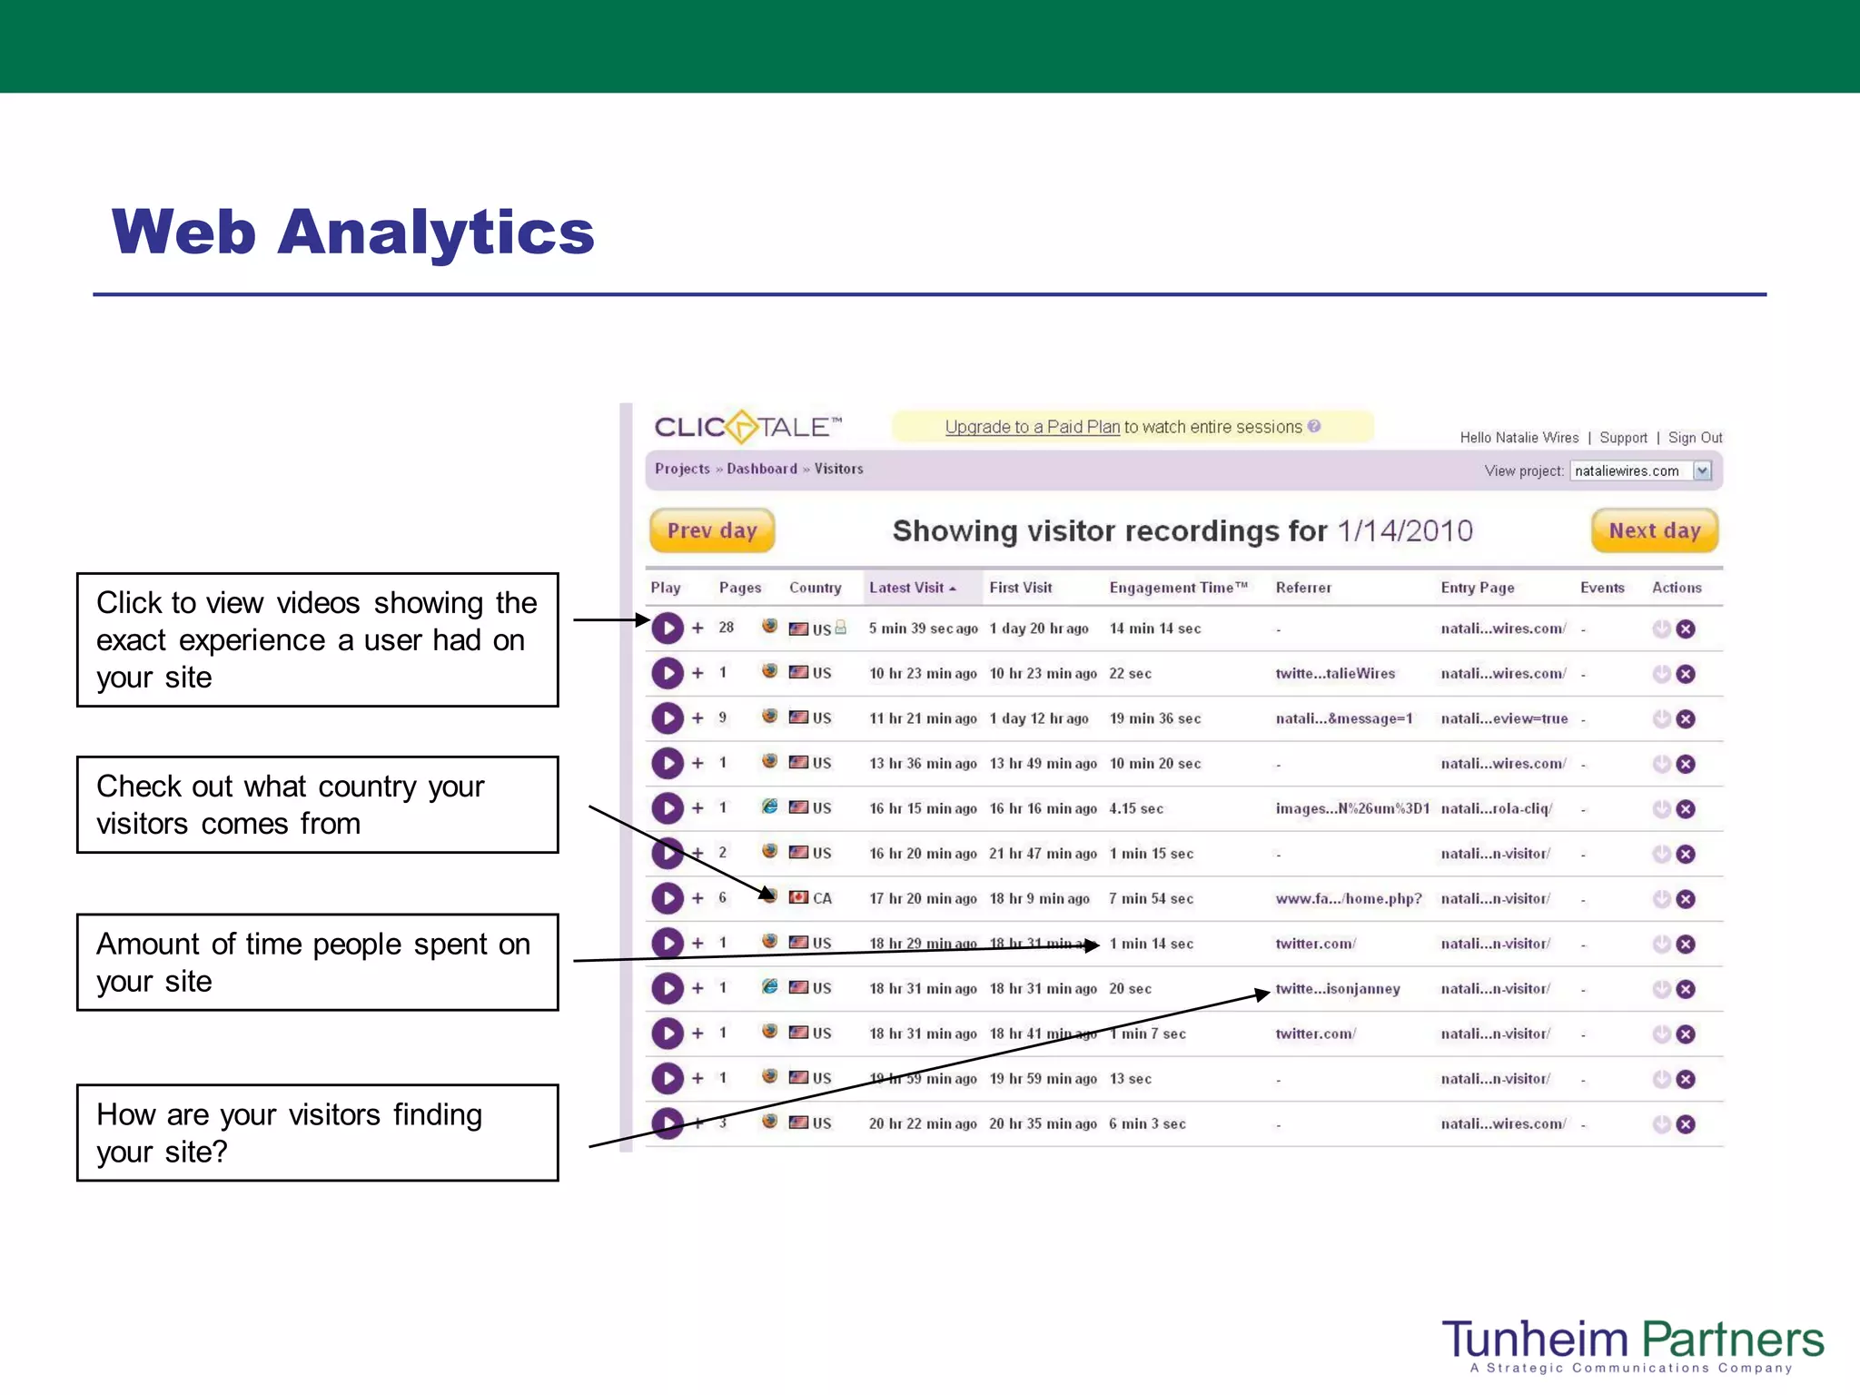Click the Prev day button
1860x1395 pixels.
pyautogui.click(x=711, y=530)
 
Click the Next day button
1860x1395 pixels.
pyautogui.click(x=1654, y=530)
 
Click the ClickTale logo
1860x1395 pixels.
pyautogui.click(x=747, y=427)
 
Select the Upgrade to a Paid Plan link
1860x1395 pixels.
pyautogui.click(x=1032, y=427)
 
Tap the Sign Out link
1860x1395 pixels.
pyautogui.click(x=1695, y=438)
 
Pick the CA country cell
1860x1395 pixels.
pyautogui.click(x=821, y=898)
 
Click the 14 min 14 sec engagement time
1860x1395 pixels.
pyautogui.click(x=1154, y=628)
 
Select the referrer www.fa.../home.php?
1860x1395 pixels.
pyautogui.click(x=1348, y=898)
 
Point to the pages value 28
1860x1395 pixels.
pyautogui.click(x=726, y=628)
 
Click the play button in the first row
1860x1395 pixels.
pyautogui.click(x=668, y=628)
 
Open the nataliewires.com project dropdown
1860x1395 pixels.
pyautogui.click(x=1702, y=470)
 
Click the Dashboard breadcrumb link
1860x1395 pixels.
pyautogui.click(x=761, y=469)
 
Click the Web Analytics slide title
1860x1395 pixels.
pyautogui.click(x=352, y=232)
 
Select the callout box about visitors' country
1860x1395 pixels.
pyautogui.click(x=317, y=805)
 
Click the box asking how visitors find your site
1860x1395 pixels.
pyautogui.click(x=317, y=1133)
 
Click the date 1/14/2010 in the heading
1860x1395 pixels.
pyautogui.click(x=1404, y=530)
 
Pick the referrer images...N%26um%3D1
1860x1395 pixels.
pyautogui.click(x=1351, y=808)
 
